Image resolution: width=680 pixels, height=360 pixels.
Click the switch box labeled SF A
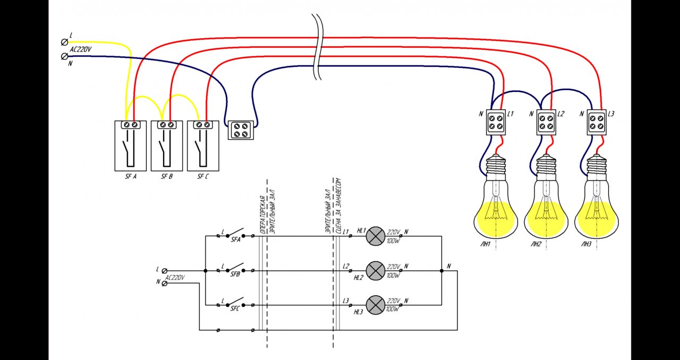click(130, 145)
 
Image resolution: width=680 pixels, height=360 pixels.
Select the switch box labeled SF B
click(167, 145)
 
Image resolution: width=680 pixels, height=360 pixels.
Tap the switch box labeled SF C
click(203, 145)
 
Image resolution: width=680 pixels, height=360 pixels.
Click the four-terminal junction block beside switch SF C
click(241, 130)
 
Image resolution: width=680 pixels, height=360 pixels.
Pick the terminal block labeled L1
click(496, 122)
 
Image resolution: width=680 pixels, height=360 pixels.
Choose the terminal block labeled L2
click(546, 122)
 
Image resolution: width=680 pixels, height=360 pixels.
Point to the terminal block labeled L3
click(596, 122)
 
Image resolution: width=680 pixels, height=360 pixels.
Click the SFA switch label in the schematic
click(235, 240)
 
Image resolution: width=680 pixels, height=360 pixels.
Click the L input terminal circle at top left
click(65, 41)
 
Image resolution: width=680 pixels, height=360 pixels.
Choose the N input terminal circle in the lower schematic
click(164, 283)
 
